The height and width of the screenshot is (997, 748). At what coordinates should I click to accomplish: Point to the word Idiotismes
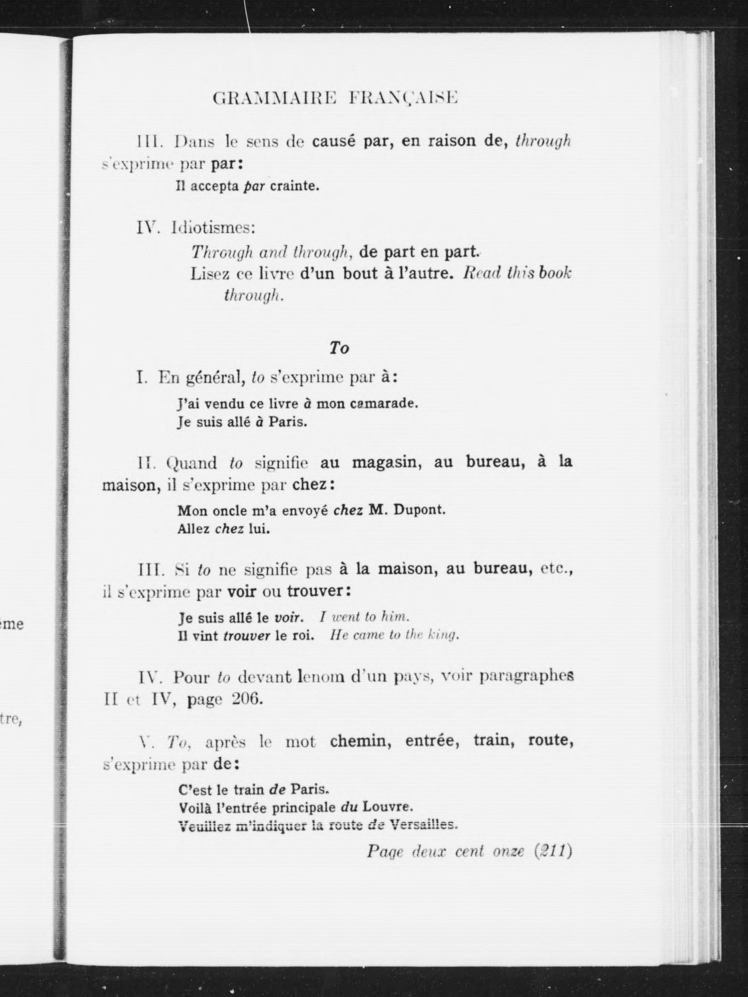[213, 228]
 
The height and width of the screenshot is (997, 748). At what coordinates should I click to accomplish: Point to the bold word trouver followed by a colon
[315, 591]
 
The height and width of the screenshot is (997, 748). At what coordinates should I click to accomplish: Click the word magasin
[386, 463]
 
